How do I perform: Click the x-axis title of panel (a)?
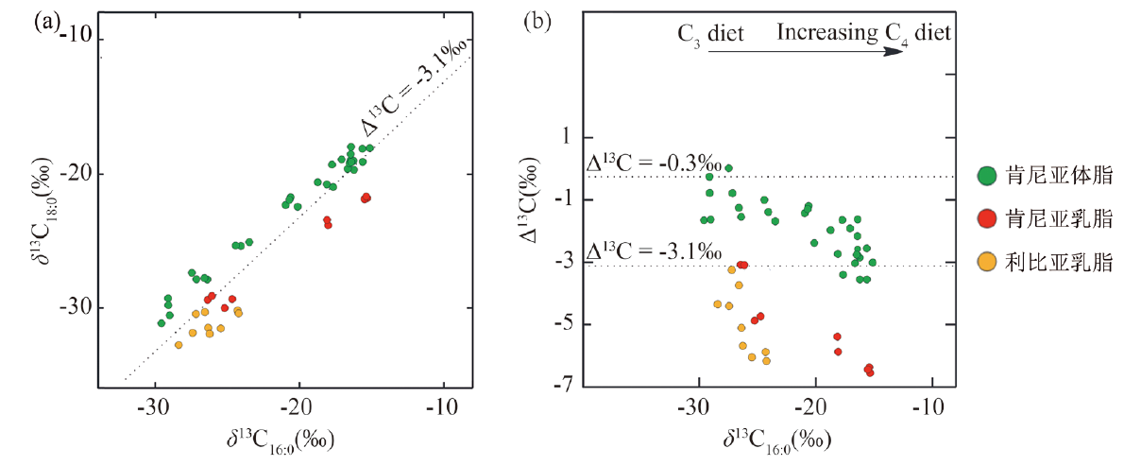tap(282, 440)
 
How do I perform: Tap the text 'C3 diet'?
tap(711, 34)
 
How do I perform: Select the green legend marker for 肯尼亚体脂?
tap(988, 175)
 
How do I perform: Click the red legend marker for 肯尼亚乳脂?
tap(988, 219)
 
